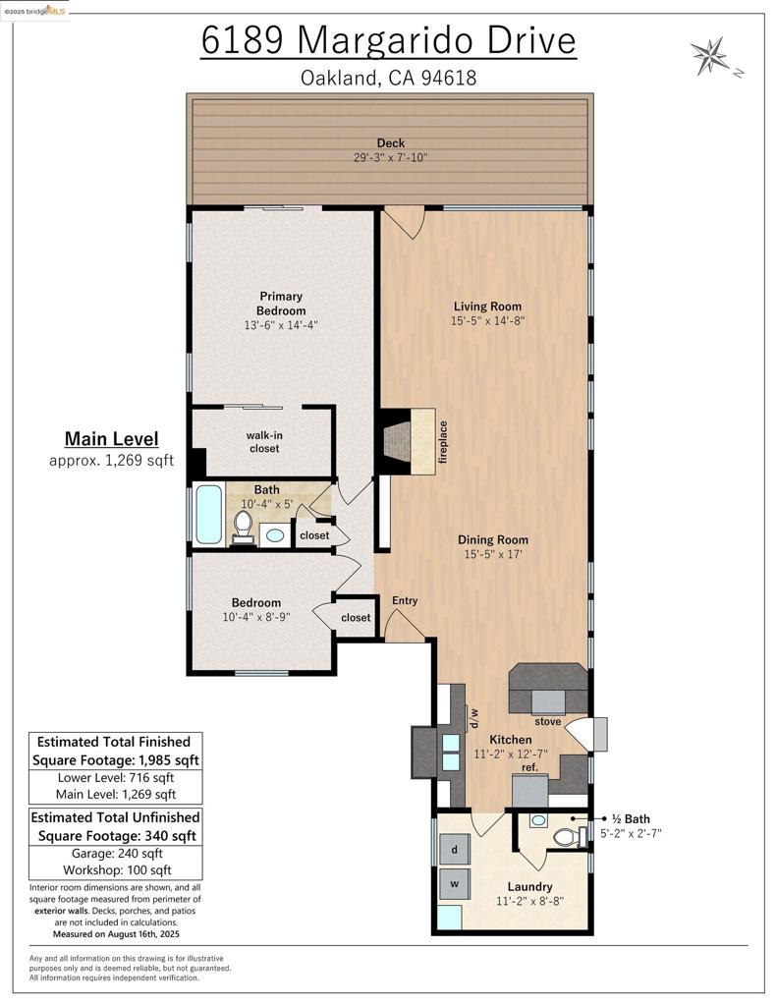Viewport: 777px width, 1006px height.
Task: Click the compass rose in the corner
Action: [709, 56]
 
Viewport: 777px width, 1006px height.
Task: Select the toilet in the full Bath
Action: [243, 528]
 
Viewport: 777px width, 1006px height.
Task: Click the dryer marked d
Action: [454, 850]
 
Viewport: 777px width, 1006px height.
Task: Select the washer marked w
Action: [454, 884]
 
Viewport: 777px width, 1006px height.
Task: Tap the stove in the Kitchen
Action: [548, 701]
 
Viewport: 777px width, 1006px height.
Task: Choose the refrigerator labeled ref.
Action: [530, 791]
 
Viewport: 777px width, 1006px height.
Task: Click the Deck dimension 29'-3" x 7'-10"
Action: [390, 157]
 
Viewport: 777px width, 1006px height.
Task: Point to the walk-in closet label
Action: [264, 441]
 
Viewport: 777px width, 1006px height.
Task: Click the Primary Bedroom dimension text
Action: [281, 325]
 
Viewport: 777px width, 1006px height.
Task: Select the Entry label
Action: [405, 600]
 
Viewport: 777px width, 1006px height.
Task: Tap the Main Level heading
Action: [112, 439]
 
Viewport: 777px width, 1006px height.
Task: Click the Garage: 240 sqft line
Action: [116, 854]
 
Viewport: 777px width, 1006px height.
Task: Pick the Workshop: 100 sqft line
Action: [117, 870]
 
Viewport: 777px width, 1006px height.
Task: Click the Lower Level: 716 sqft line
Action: [116, 778]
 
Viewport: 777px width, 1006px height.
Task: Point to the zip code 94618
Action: [449, 78]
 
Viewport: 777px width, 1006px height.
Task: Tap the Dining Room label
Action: [493, 539]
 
